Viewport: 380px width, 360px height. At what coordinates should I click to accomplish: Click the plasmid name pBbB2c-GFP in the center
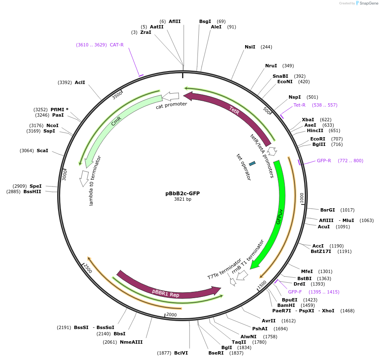coord(182,193)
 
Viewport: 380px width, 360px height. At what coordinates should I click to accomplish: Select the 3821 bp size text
coord(182,199)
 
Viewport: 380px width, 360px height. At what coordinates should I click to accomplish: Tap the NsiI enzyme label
coord(250,47)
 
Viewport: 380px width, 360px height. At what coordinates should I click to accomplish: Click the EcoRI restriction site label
coord(317,139)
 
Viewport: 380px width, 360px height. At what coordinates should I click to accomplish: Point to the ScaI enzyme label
coord(42,151)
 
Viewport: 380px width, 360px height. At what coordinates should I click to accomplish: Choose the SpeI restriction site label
coord(35,186)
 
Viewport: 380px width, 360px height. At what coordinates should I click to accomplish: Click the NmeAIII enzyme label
coord(131,342)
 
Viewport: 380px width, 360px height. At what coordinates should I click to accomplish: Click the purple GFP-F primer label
coord(295,292)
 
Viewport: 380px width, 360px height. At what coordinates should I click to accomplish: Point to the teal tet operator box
coord(252,163)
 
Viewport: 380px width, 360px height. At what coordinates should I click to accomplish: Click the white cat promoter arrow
coord(171,96)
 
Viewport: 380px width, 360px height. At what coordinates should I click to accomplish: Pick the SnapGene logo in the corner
coord(366,3)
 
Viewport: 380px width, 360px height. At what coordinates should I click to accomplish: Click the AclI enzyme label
coord(80,82)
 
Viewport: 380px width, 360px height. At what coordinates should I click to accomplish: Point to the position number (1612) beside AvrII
coord(289,321)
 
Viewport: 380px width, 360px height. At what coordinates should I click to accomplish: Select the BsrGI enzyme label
coord(328,210)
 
